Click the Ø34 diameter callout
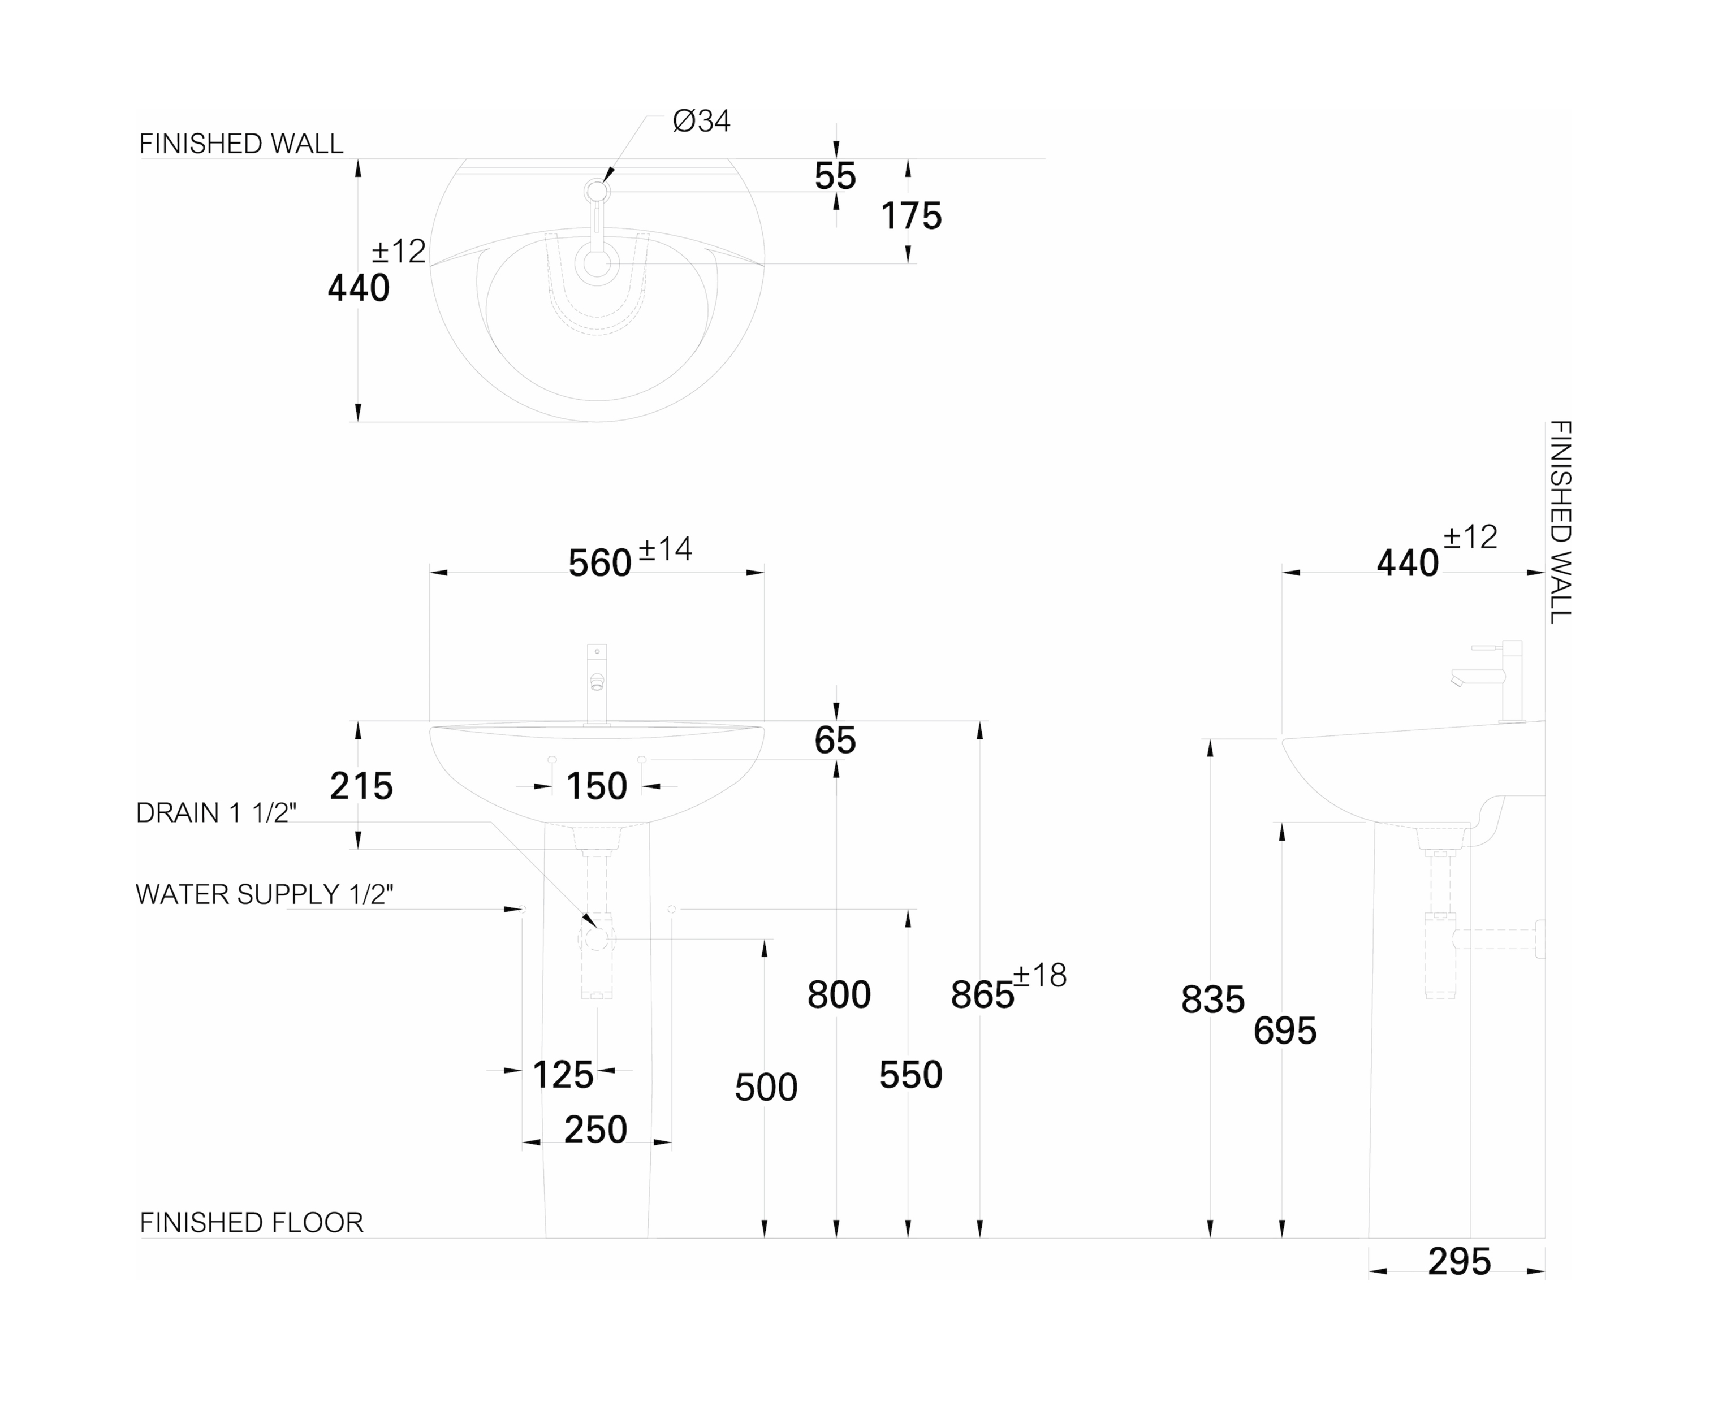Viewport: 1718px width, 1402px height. pyautogui.click(x=701, y=121)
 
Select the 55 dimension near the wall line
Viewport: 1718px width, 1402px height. pyautogui.click(x=835, y=176)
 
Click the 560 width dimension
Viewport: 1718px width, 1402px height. pyautogui.click(x=599, y=563)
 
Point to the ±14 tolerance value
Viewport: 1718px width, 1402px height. pyautogui.click(x=666, y=549)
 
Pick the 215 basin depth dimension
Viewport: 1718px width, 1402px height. pyautogui.click(x=361, y=786)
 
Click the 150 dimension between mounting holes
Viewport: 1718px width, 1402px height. pyautogui.click(x=596, y=786)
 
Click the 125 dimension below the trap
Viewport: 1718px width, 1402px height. pyautogui.click(x=563, y=1075)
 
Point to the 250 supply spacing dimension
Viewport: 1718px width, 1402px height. pyautogui.click(x=595, y=1129)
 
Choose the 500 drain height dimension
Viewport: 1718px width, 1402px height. pyautogui.click(x=766, y=1087)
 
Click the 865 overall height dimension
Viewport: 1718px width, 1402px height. pyautogui.click(x=982, y=995)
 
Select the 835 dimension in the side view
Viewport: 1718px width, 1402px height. pyautogui.click(x=1212, y=1000)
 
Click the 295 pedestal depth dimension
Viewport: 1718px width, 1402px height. pyautogui.click(x=1459, y=1261)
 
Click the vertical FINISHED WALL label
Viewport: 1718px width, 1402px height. pyautogui.click(x=1560, y=522)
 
